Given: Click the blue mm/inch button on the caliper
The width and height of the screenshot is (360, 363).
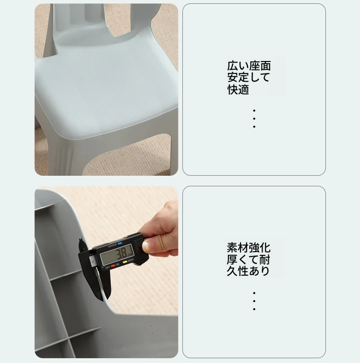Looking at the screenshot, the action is tap(120, 243).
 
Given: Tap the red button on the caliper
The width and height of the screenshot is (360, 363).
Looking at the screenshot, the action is tap(113, 266).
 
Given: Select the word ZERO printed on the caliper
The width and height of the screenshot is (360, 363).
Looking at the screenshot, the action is tap(131, 261).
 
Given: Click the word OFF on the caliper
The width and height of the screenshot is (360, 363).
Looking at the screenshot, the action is tap(108, 268).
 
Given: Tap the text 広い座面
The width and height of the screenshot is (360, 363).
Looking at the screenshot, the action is tap(249, 66).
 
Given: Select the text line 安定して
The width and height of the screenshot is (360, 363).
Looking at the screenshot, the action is tap(249, 77).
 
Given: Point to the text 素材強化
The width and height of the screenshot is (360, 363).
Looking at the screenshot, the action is tap(249, 248).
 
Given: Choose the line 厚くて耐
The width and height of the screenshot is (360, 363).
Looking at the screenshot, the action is tap(249, 259).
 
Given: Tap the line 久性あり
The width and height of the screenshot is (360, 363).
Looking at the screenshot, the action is tap(248, 271).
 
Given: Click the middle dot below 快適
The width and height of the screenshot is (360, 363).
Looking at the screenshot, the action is tap(254, 119).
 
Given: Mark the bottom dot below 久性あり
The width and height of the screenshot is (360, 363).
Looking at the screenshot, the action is tap(254, 309).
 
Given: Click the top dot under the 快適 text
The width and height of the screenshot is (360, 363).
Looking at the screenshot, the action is tap(254, 110).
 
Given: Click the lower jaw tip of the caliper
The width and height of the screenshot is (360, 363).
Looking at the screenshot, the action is tap(101, 300).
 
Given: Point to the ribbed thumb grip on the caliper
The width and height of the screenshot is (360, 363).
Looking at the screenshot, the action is tap(138, 245).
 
